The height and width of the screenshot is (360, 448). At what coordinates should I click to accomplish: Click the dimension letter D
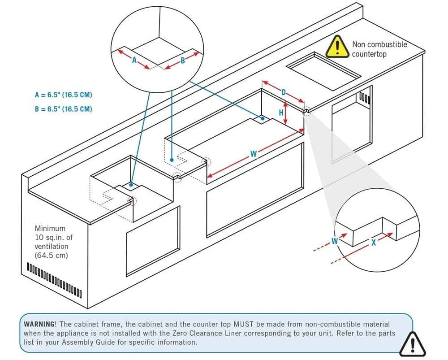pyautogui.click(x=284, y=92)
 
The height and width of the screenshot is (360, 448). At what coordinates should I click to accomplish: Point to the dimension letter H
pyautogui.click(x=281, y=113)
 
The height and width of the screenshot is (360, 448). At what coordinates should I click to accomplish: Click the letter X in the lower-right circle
pyautogui.click(x=373, y=242)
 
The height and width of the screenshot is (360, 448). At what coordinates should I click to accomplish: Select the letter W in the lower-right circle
pyautogui.click(x=334, y=242)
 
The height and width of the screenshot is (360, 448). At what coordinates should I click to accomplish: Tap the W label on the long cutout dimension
pyautogui.click(x=253, y=154)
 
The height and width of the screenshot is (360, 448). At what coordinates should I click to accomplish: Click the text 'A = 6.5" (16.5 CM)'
pyautogui.click(x=64, y=95)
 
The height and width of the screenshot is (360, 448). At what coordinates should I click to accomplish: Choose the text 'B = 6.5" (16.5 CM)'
pyautogui.click(x=64, y=109)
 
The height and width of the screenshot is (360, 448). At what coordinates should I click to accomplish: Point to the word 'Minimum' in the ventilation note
pyautogui.click(x=50, y=229)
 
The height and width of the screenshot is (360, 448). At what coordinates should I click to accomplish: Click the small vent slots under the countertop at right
pyautogui.click(x=364, y=98)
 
